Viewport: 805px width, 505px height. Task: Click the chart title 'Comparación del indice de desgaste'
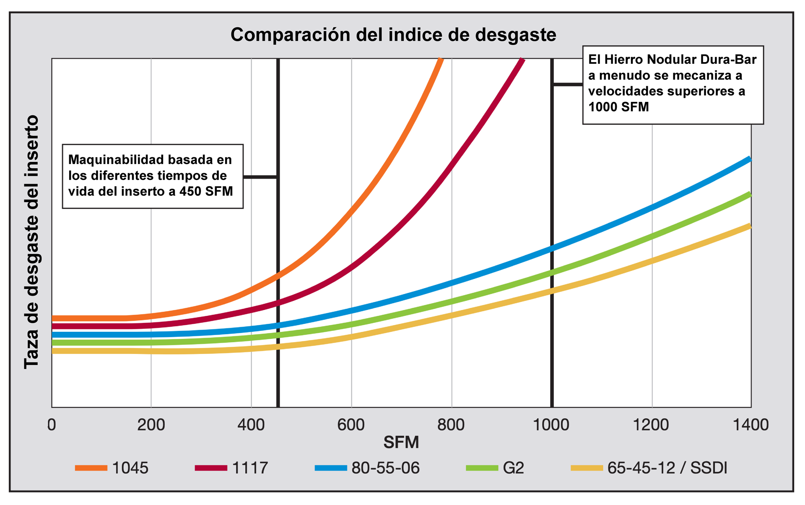[x=393, y=35]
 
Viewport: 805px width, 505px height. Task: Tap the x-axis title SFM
[x=401, y=442]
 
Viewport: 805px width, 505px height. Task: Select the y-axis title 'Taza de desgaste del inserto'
[x=31, y=242]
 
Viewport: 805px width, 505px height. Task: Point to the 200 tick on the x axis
[x=151, y=425]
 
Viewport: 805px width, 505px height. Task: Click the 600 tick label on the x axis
[x=351, y=425]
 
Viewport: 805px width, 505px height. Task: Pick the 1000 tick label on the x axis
[x=551, y=425]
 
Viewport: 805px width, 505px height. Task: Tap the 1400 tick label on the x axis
[x=750, y=425]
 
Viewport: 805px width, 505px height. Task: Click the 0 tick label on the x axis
[x=52, y=425]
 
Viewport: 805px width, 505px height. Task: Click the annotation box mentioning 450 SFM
[x=153, y=176]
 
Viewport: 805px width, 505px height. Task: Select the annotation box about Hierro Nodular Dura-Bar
[x=673, y=85]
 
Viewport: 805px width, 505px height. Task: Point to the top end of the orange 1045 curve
[x=440, y=60]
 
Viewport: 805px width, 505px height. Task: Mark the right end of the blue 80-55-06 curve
[x=749, y=159]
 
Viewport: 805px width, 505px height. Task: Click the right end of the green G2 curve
[x=749, y=194]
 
